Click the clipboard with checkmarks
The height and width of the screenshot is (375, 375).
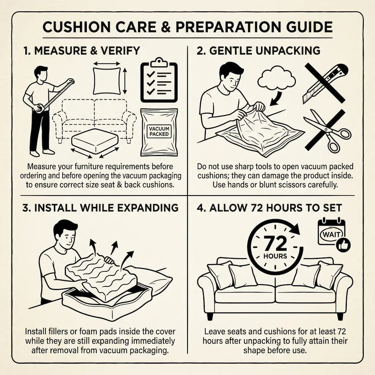pyautogui.click(x=159, y=80)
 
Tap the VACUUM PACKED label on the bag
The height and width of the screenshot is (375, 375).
pyautogui.click(x=159, y=131)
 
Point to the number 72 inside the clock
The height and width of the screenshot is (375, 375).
pyautogui.click(x=275, y=244)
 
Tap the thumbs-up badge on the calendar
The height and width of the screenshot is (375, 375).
pyautogui.click(x=343, y=245)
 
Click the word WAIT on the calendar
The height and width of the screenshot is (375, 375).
pyautogui.click(x=331, y=234)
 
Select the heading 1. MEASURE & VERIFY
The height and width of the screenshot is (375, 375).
pyautogui.click(x=82, y=51)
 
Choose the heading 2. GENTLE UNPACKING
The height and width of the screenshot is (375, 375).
pyautogui.click(x=258, y=51)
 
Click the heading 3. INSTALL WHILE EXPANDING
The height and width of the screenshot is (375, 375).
pyautogui.click(x=100, y=208)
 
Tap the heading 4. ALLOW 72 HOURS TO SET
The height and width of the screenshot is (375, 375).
pyautogui.click(x=269, y=208)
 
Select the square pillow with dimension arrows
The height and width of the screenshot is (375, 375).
pyautogui.click(x=107, y=81)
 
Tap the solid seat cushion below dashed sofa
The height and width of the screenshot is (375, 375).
pyautogui.click(x=95, y=140)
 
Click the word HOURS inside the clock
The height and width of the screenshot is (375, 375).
pyautogui.click(x=275, y=256)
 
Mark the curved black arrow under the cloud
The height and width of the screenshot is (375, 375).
pyautogui.click(x=277, y=99)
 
